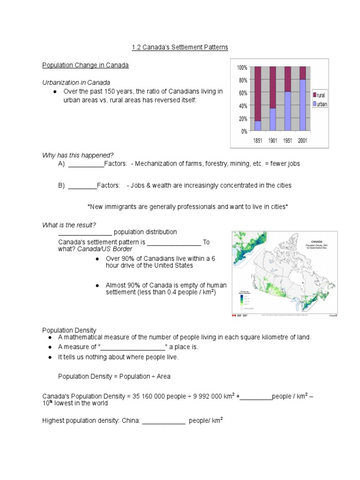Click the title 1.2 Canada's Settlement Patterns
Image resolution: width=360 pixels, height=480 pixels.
(180, 47)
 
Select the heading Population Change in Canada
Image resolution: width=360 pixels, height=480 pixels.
(85, 65)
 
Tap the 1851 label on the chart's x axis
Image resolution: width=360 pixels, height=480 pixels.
(257, 140)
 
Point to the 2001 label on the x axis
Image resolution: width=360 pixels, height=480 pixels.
(302, 140)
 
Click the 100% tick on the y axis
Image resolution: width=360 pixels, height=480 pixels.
(242, 68)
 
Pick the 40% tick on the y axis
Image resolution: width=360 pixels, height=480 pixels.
(243, 106)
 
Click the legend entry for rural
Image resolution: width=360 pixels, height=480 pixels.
(321, 95)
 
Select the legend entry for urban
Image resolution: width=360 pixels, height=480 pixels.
(321, 104)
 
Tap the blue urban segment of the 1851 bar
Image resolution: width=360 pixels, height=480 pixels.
(258, 126)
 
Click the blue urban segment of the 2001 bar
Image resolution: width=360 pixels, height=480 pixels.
(303, 105)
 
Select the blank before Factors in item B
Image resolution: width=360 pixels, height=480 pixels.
(82, 186)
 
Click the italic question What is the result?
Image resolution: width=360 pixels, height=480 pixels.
(69, 225)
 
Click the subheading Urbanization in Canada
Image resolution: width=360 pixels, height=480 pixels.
(76, 82)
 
